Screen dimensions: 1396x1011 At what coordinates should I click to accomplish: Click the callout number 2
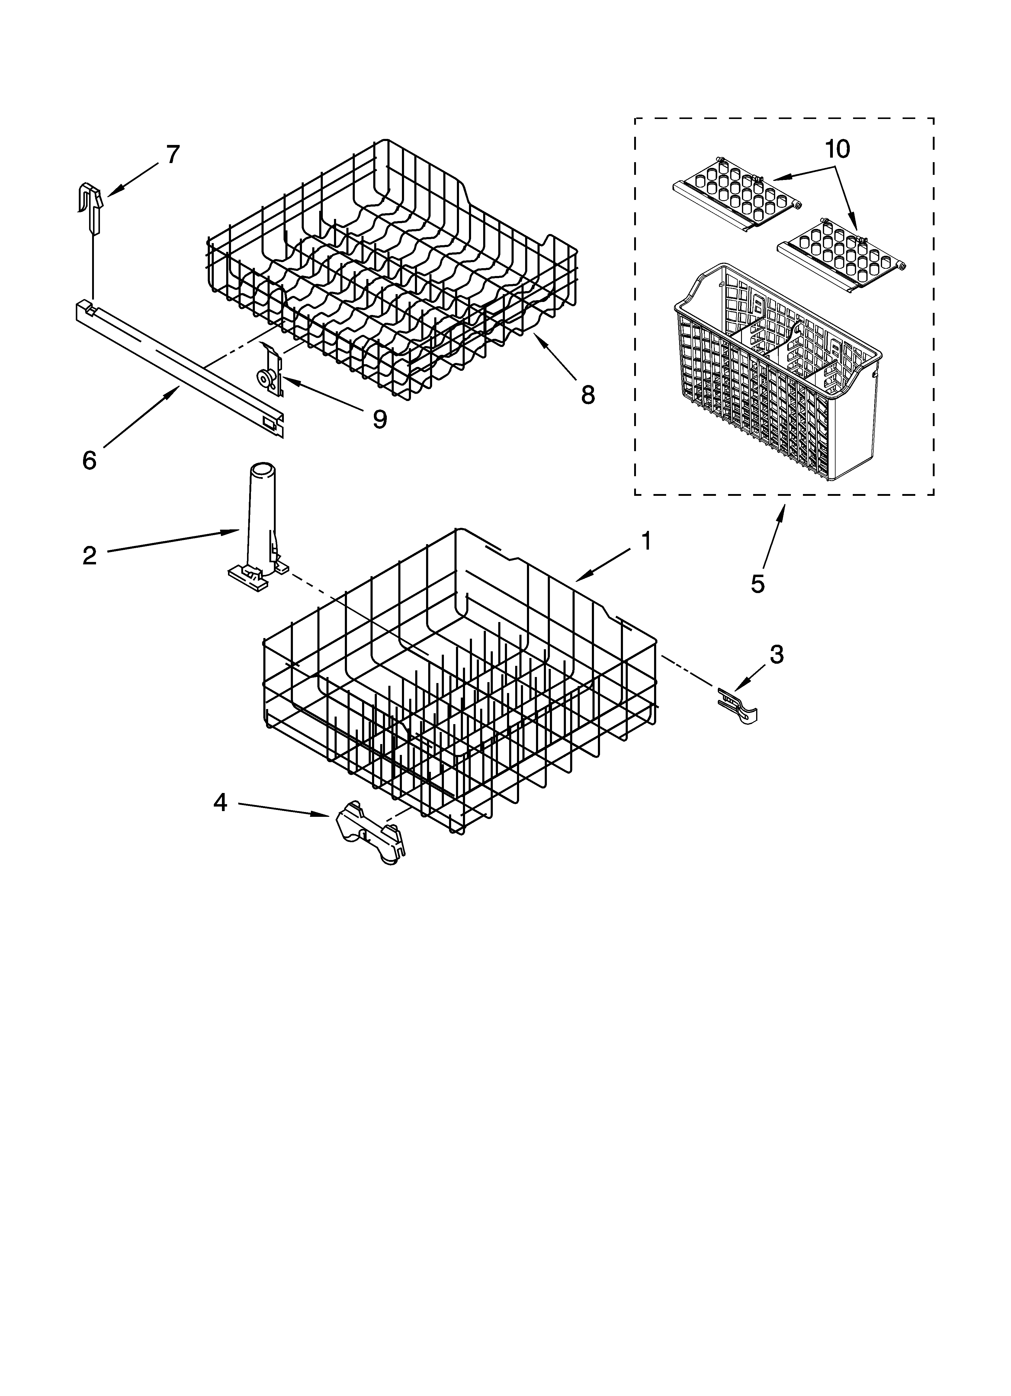tap(90, 556)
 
